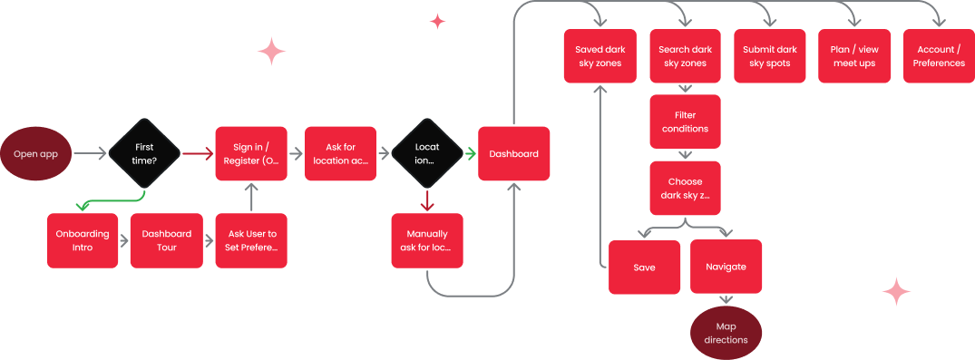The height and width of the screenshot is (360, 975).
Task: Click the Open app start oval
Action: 36,154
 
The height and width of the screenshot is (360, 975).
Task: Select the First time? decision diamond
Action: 144,154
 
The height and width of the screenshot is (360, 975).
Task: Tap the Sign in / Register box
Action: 251,154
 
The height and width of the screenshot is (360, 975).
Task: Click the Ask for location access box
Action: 340,154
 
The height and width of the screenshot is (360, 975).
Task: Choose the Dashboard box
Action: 513,154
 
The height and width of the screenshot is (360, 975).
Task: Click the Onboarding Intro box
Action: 83,240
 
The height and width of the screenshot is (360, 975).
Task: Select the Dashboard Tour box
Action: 166,240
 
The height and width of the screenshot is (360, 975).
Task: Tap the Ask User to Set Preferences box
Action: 251,240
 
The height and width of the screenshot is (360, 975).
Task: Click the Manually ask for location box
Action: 427,240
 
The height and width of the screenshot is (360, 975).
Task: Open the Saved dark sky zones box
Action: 599,56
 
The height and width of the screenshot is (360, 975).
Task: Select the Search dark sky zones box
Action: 685,56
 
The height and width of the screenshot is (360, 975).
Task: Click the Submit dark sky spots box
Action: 769,56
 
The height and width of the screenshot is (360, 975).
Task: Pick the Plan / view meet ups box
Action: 853,56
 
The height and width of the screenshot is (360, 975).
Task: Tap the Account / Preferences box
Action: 939,56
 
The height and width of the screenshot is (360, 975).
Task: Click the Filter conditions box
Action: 685,122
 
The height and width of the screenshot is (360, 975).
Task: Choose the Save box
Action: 644,267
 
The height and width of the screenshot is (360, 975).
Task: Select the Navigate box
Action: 726,267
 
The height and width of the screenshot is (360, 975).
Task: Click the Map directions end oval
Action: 726,333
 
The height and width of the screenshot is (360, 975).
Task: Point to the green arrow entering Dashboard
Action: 471,154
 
